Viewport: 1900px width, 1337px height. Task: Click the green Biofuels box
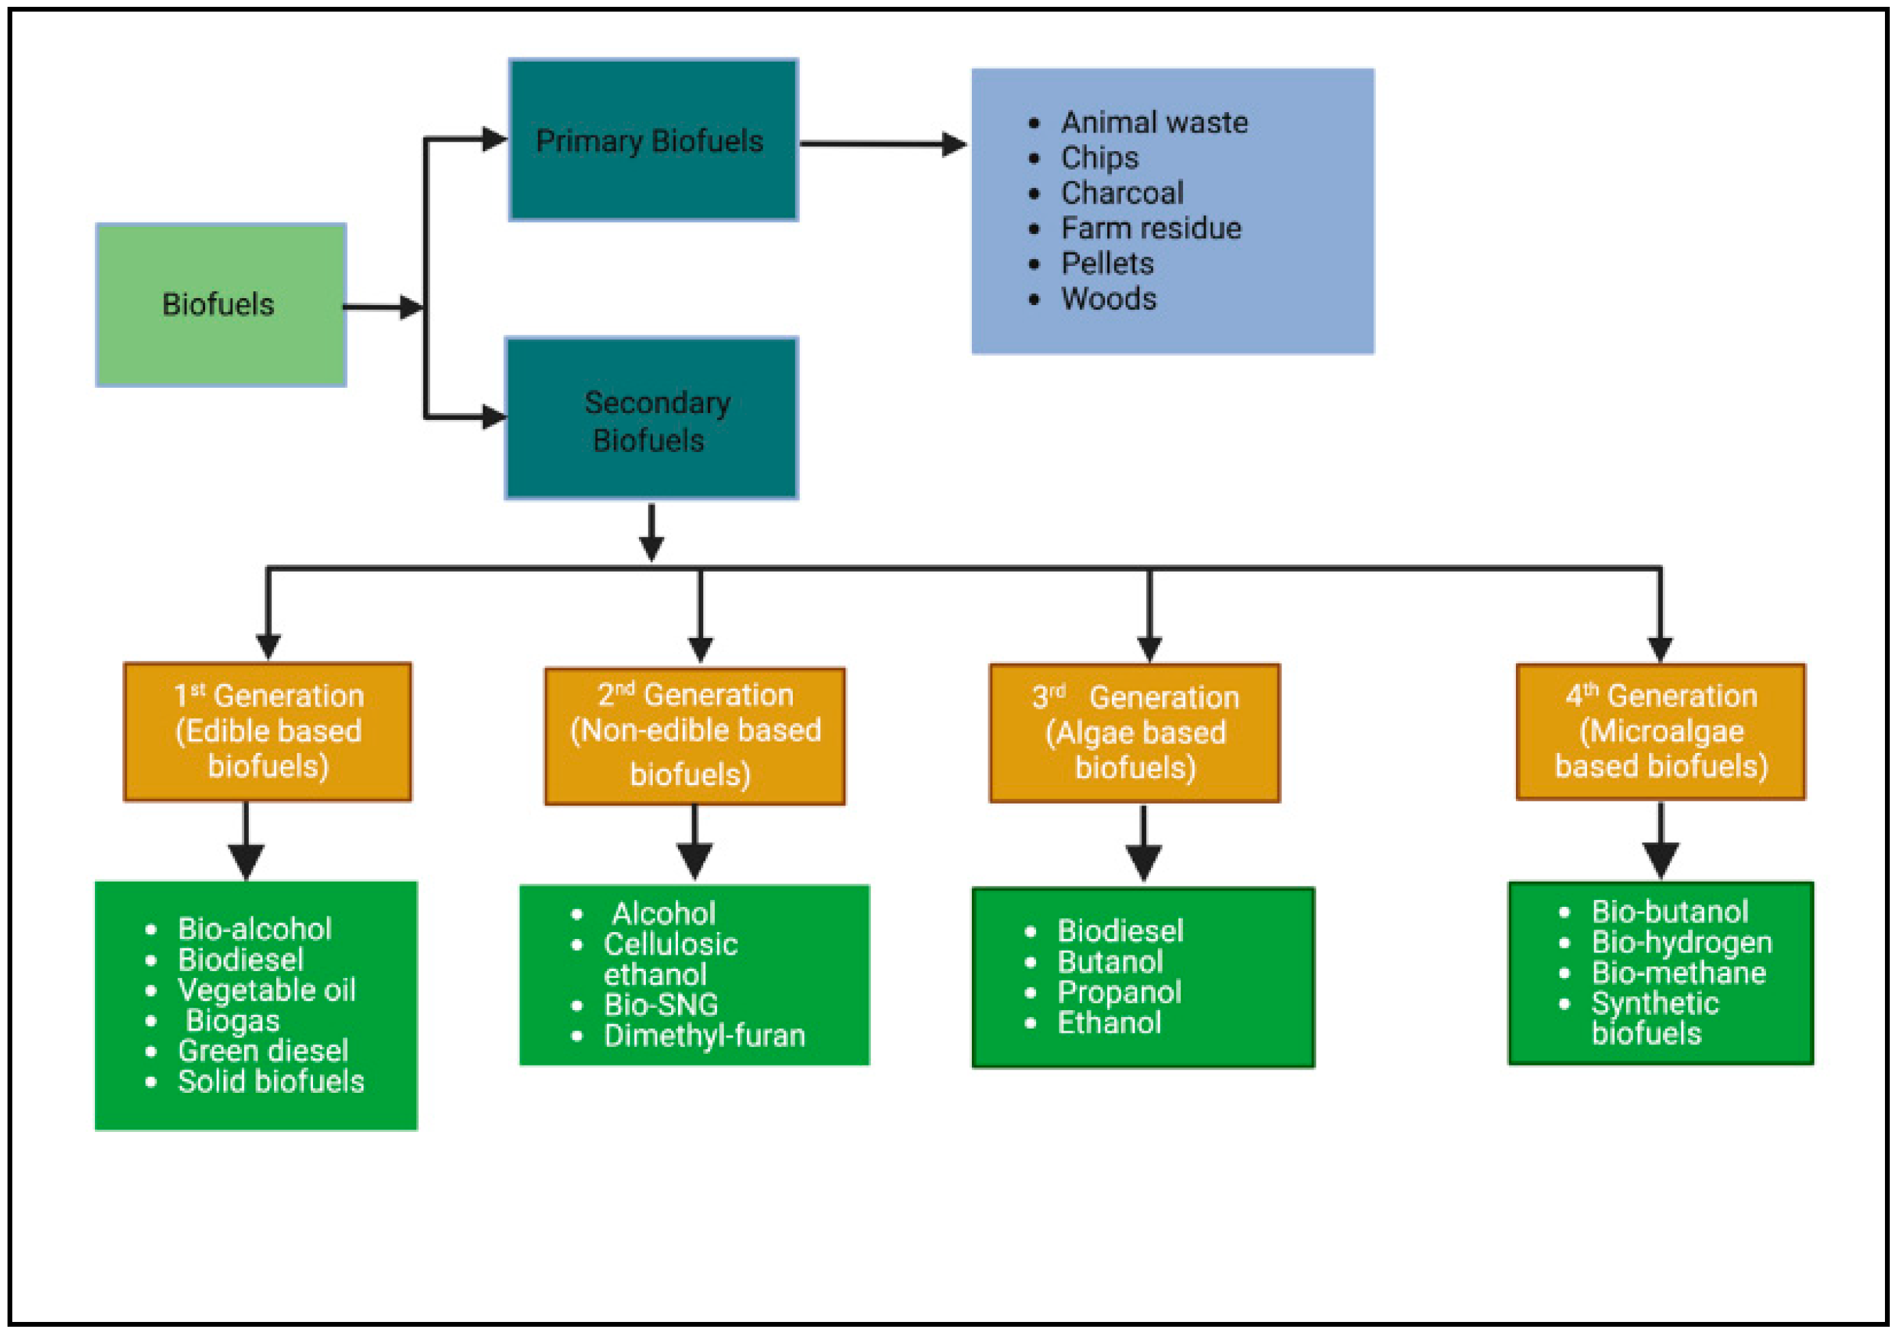point(221,304)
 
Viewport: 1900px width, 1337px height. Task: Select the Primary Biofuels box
point(653,140)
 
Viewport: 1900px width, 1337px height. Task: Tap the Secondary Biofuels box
point(652,418)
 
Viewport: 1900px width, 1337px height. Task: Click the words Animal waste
point(1154,122)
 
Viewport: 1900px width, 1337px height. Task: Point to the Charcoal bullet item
point(1122,193)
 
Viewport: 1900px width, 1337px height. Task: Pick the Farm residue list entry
point(1151,228)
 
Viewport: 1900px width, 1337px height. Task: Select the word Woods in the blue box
point(1109,299)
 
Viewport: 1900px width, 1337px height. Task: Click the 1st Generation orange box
point(267,732)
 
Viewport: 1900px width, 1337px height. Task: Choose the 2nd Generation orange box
point(695,736)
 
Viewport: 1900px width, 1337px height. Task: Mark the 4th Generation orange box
point(1661,732)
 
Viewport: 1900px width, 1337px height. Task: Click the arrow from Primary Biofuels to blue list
point(883,144)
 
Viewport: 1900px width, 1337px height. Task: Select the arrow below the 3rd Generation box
point(1143,844)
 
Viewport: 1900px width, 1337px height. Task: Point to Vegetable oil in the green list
point(267,990)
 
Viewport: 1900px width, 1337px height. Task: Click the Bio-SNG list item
point(661,1005)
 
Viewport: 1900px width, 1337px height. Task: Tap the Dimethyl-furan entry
point(704,1035)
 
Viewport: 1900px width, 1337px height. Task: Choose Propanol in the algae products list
point(1119,992)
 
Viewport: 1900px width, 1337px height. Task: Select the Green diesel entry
point(263,1051)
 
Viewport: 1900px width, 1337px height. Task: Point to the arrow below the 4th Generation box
point(1661,840)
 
